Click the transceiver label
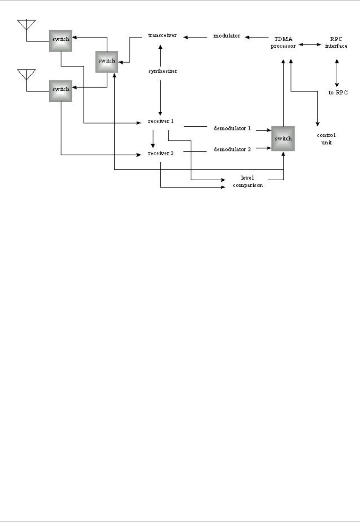[162, 36]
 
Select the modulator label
[227, 36]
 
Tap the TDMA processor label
[283, 42]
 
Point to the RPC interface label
[336, 42]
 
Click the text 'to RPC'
[338, 93]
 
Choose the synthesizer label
[163, 71]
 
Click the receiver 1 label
[161, 121]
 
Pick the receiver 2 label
[161, 153]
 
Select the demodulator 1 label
[232, 129]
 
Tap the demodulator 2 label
[232, 149]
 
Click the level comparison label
[248, 181]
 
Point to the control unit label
[326, 139]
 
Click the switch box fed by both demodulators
[283, 139]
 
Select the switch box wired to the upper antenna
[61, 39]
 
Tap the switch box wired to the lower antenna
[61, 89]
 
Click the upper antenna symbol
[26, 25]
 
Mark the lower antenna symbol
[26, 74]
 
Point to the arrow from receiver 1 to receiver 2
[153, 139]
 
